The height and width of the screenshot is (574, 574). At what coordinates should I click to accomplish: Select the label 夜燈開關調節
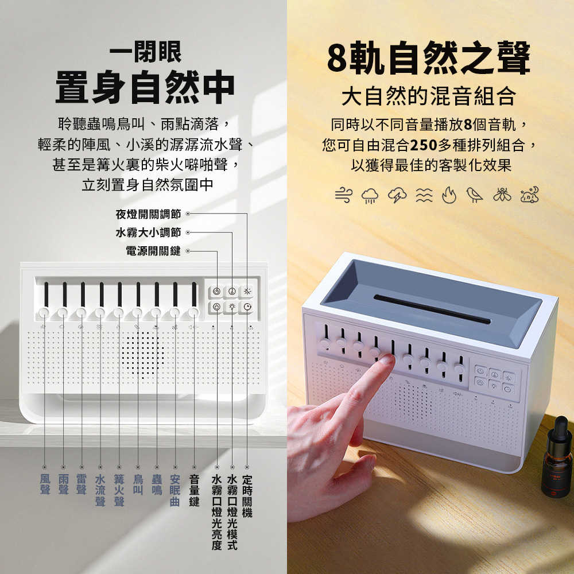click(x=148, y=214)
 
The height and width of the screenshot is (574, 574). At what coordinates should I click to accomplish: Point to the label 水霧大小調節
click(x=148, y=232)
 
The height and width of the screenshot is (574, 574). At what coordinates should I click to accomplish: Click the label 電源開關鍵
click(x=153, y=251)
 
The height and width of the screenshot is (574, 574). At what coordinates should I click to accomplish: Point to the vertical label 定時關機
click(x=247, y=496)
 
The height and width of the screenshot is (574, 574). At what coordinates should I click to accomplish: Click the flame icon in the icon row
click(x=448, y=196)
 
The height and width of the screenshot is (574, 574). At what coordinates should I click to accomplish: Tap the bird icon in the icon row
click(x=474, y=195)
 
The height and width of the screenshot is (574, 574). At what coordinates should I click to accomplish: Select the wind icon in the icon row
click(x=343, y=196)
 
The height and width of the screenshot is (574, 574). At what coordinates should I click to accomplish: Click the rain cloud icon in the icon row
click(x=370, y=196)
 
